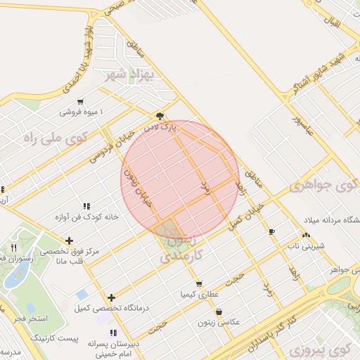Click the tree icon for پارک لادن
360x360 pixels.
pyautogui.click(x=160, y=116)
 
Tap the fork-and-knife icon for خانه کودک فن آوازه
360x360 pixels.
pyautogui.click(x=86, y=206)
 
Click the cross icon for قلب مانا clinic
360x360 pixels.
pyautogui.click(x=69, y=240)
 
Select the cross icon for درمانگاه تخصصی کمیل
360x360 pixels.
pyautogui.click(x=111, y=298)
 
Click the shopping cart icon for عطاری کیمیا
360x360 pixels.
pyautogui.click(x=200, y=284)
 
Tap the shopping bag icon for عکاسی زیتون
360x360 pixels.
pyautogui.click(x=219, y=311)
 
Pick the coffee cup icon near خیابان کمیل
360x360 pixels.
pyautogui.click(x=271, y=231)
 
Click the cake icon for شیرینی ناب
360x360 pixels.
pyautogui.click(x=305, y=236)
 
